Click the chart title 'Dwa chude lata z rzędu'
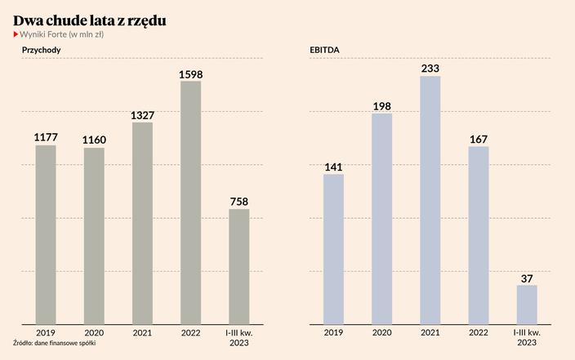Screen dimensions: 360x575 click(90, 19)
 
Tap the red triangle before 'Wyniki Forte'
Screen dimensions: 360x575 click(16, 34)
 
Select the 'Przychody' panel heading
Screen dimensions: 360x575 click(42, 50)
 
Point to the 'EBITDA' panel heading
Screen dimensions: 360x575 click(324, 50)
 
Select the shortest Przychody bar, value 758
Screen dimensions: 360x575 click(238, 265)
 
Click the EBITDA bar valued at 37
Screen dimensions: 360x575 click(527, 304)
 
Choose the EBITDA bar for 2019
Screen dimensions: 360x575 click(334, 248)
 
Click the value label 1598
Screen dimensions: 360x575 click(190, 74)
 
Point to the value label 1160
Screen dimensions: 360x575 click(94, 140)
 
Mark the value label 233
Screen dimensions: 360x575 click(430, 69)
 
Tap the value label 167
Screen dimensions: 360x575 click(479, 140)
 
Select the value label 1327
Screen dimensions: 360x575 click(142, 116)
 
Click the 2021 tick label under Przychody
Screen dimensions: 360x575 click(142, 332)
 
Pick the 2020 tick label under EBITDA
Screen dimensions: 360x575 click(382, 332)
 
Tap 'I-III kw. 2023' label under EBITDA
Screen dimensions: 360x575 click(527, 337)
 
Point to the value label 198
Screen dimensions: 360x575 click(382, 106)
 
